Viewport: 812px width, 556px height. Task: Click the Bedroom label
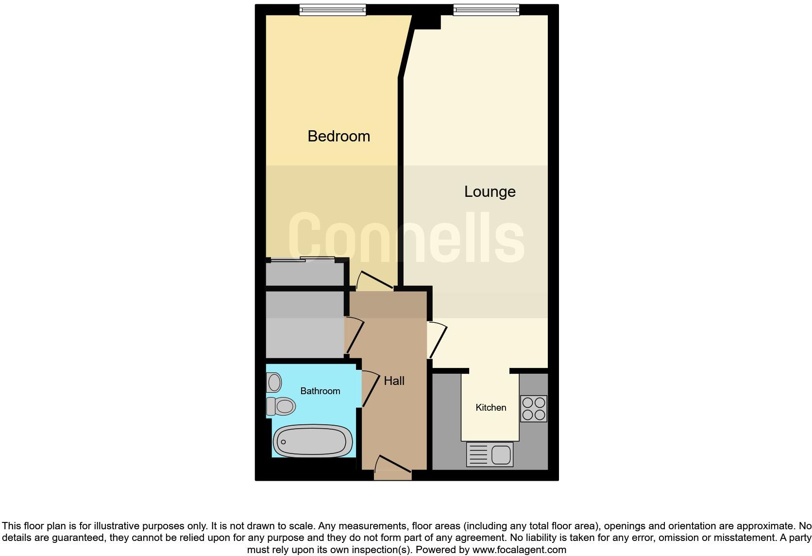[x=338, y=136]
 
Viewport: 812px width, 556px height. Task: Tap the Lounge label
[x=490, y=191]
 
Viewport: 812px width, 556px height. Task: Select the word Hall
[x=394, y=381]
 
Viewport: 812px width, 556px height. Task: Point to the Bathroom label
[x=320, y=391]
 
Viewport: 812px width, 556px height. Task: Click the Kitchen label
[x=491, y=408]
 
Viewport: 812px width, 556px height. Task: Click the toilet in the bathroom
[x=281, y=406]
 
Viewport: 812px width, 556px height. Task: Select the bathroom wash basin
[x=274, y=382]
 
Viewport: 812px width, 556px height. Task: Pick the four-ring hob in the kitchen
[x=533, y=409]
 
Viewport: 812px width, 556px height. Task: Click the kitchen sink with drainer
[x=490, y=454]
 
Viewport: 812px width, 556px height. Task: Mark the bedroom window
[x=332, y=9]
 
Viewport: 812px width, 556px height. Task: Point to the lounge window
[x=486, y=9]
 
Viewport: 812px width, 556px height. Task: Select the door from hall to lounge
[x=438, y=339]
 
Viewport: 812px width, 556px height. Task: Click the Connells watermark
[x=406, y=238]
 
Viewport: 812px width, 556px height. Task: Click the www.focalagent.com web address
[x=519, y=550]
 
